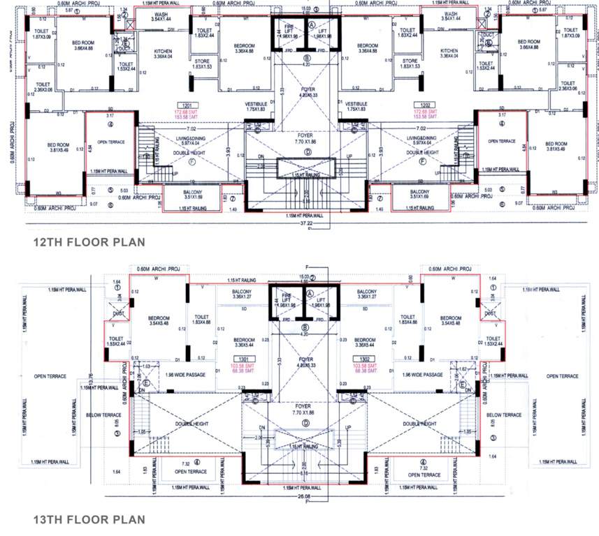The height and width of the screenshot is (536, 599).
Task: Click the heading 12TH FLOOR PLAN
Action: pyautogui.click(x=89, y=242)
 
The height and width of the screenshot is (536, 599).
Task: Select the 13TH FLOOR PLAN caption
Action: pyautogui.click(x=89, y=519)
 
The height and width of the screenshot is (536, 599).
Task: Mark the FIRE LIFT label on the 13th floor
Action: pyautogui.click(x=286, y=301)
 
